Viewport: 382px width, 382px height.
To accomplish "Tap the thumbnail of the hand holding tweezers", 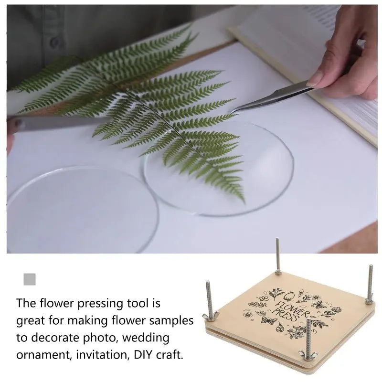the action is click(x=318, y=80).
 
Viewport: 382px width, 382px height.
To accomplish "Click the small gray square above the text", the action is click(x=30, y=279).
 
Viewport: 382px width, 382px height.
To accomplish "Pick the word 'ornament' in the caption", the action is click(x=44, y=355).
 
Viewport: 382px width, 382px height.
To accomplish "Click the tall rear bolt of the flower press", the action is click(x=278, y=256).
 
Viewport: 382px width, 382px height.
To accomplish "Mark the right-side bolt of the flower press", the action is click(x=369, y=284).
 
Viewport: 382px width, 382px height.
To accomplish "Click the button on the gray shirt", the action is click(x=55, y=42).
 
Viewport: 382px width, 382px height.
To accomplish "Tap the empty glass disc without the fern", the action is click(x=83, y=210).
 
